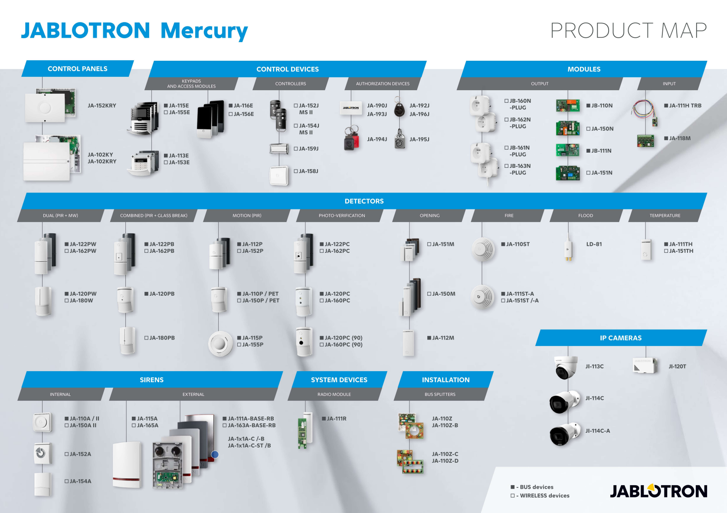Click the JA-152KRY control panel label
click(x=102, y=105)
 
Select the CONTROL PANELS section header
click(x=77, y=69)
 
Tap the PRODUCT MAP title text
click(x=628, y=31)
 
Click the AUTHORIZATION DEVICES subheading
click(x=382, y=84)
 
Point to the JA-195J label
click(x=419, y=139)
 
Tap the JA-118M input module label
click(x=679, y=138)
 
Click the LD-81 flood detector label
click(x=594, y=244)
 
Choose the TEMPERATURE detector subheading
click(x=665, y=216)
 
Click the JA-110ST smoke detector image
click(x=483, y=249)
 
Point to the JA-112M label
click(x=442, y=338)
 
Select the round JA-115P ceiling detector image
click(x=221, y=343)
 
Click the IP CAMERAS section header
click(x=620, y=338)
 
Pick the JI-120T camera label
click(x=677, y=366)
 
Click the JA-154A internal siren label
click(x=80, y=481)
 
